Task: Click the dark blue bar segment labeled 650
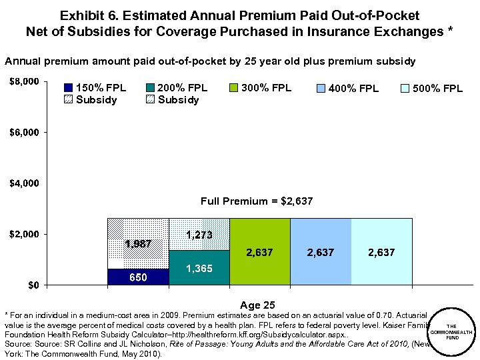coord(138,276)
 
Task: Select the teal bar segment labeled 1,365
coord(199,267)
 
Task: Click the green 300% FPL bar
coord(260,251)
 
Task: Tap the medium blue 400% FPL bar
coord(321,251)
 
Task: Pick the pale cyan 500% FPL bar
coord(381,251)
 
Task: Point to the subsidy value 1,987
coord(139,243)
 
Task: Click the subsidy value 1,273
coord(199,235)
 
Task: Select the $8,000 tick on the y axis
coord(23,82)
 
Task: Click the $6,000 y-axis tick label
coord(23,133)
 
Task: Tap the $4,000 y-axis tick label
coord(23,183)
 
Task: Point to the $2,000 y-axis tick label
coord(23,234)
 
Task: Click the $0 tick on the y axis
coord(31,285)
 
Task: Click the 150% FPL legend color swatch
coord(69,88)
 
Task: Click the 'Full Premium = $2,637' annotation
coord(257,201)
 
